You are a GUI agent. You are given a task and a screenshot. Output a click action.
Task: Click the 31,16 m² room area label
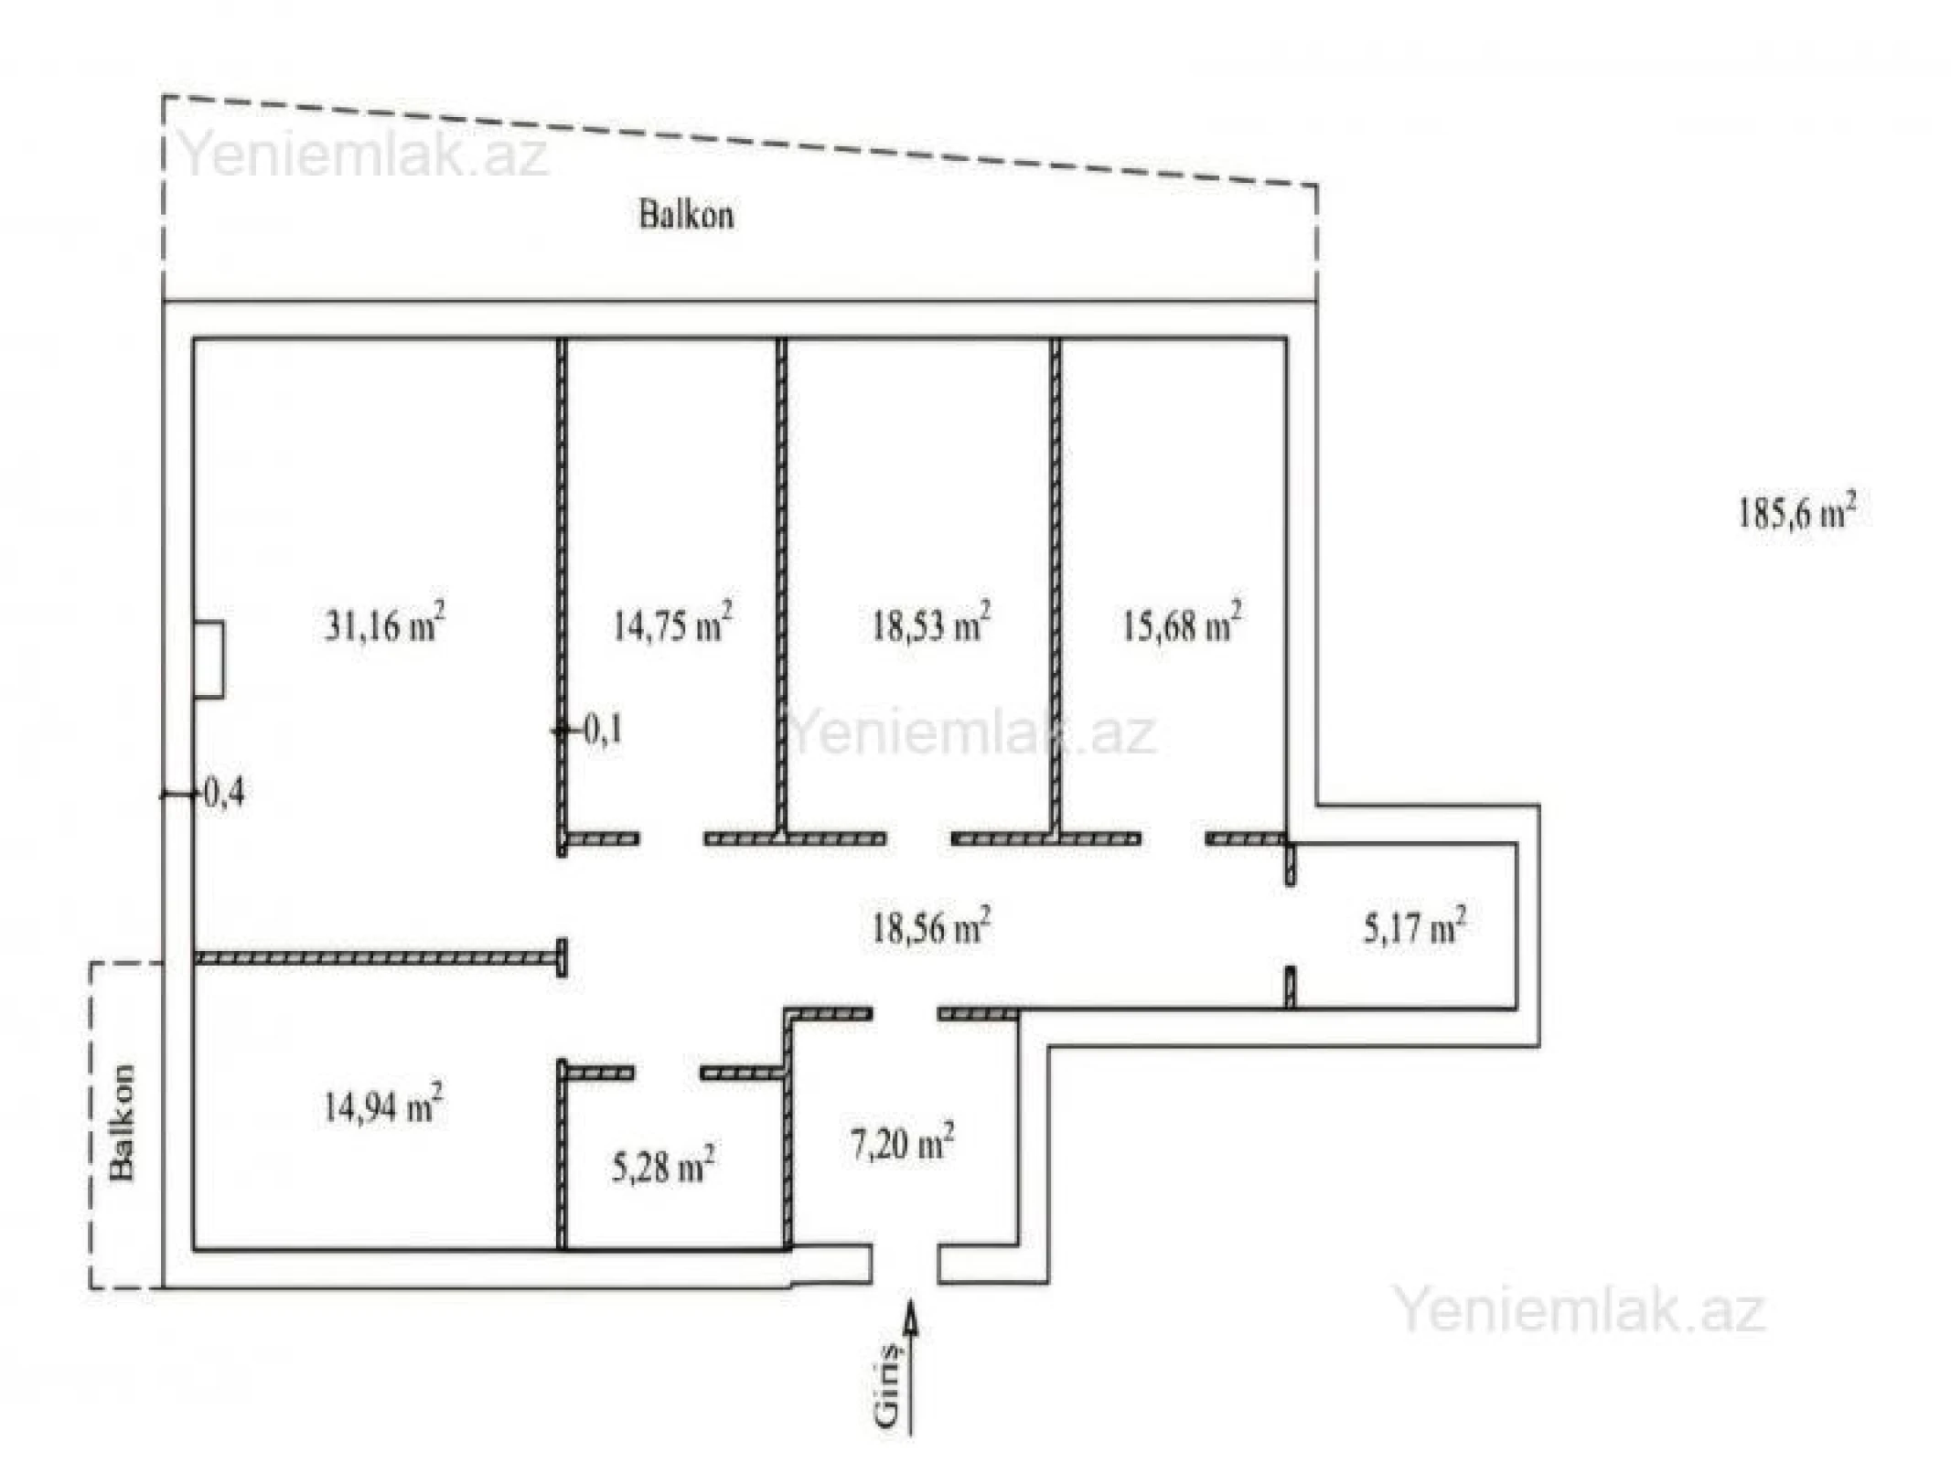click(385, 625)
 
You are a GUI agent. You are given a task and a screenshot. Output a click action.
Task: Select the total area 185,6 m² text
click(1796, 513)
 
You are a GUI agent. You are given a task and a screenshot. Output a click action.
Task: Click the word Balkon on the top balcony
click(686, 216)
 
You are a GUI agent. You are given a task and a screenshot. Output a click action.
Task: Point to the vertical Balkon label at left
click(122, 1122)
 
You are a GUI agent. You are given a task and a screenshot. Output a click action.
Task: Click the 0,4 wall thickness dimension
click(222, 793)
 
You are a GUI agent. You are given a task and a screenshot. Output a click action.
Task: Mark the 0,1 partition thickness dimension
click(602, 730)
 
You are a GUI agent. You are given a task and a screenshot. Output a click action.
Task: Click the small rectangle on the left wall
click(209, 660)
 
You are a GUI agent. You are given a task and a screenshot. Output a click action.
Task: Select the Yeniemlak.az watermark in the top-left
click(364, 154)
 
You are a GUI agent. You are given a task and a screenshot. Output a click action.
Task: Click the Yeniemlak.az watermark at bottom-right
click(1579, 1309)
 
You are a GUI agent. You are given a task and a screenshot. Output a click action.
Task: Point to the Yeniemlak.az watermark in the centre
click(971, 732)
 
